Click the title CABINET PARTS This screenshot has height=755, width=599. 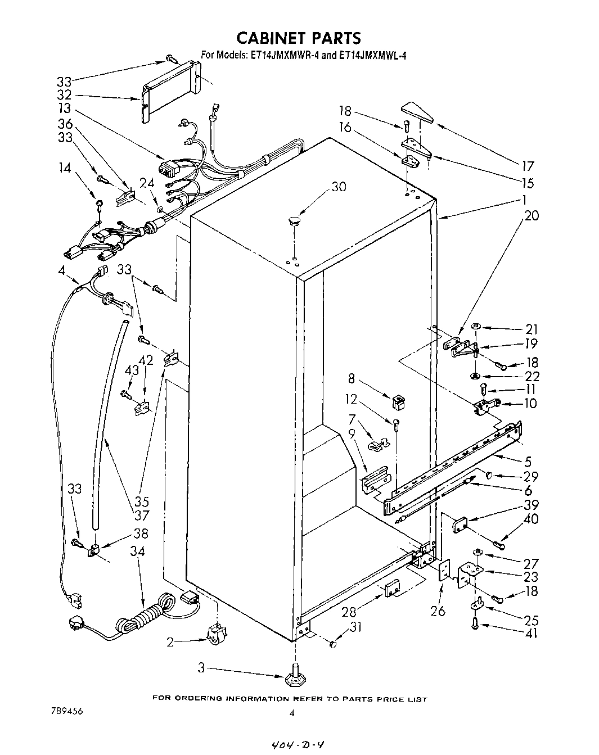298,38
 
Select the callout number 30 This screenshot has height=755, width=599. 339,187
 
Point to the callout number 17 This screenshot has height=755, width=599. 528,166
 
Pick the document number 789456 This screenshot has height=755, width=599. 66,711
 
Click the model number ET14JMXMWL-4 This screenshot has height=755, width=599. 368,55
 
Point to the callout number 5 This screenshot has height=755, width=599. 528,462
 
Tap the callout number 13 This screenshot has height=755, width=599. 65,108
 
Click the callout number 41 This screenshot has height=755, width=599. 530,634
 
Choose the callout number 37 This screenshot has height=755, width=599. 141,515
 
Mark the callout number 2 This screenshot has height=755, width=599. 170,642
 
